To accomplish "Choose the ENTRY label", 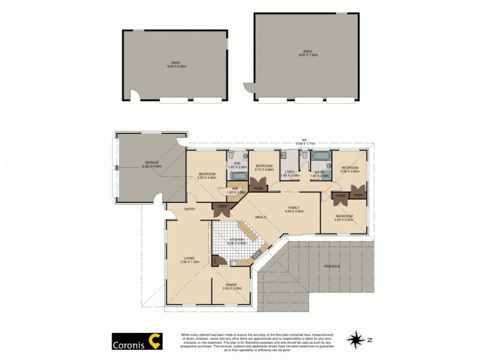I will tap(190, 209).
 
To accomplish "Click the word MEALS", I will tap(260, 217).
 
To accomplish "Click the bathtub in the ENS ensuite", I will tap(236, 176).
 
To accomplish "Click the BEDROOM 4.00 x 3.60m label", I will tap(344, 218).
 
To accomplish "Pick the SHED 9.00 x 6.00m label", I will tap(176, 64).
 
